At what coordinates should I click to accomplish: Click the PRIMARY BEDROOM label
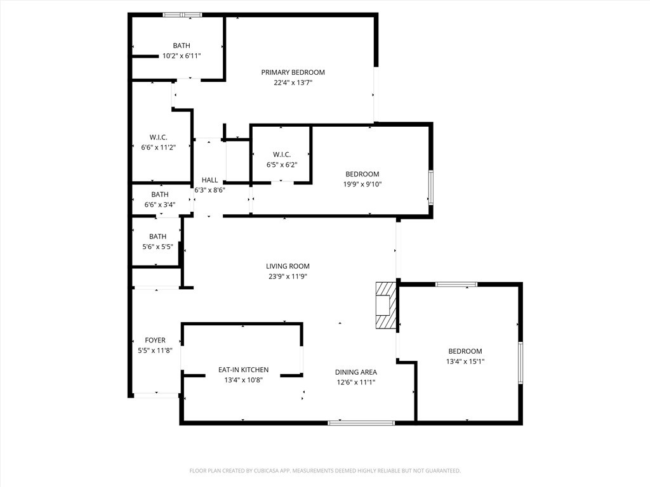pyautogui.click(x=293, y=72)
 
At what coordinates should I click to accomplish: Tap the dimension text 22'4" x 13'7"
pyautogui.click(x=293, y=82)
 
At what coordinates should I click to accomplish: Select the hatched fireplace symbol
pyautogui.click(x=386, y=306)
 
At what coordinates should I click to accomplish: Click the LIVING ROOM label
pyautogui.click(x=288, y=266)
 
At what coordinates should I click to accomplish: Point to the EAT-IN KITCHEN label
pyautogui.click(x=243, y=370)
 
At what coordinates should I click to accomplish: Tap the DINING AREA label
pyautogui.click(x=356, y=372)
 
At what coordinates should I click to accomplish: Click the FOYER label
pyautogui.click(x=155, y=341)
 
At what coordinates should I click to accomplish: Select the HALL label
pyautogui.click(x=209, y=180)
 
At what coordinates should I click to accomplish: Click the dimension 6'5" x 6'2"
pyautogui.click(x=282, y=165)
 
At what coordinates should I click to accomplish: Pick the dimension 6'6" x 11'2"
pyautogui.click(x=159, y=147)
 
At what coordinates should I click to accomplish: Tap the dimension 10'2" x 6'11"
pyautogui.click(x=182, y=56)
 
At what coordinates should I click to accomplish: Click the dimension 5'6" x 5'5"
pyautogui.click(x=157, y=247)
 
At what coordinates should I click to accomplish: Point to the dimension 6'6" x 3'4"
pyautogui.click(x=160, y=205)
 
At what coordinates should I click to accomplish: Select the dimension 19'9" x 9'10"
pyautogui.click(x=362, y=185)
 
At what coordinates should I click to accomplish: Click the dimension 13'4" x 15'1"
pyautogui.click(x=465, y=361)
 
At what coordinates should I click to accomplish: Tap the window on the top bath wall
pyautogui.click(x=182, y=15)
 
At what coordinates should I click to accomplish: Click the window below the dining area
pyautogui.click(x=361, y=423)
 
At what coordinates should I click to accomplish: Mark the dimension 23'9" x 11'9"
pyautogui.click(x=288, y=276)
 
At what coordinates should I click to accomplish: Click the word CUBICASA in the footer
pyautogui.click(x=269, y=471)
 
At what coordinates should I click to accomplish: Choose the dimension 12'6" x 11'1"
pyautogui.click(x=356, y=382)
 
